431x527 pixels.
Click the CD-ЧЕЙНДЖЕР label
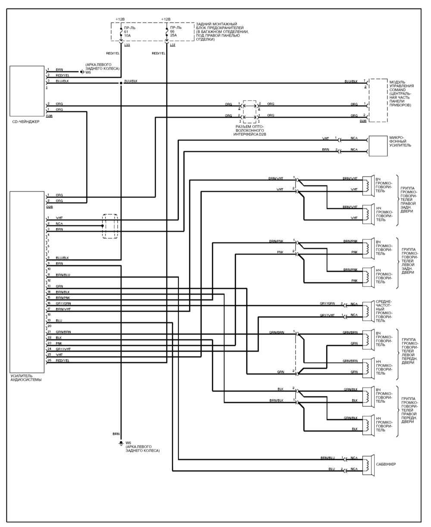click(26, 122)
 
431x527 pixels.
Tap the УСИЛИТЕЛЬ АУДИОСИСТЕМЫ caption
click(26, 378)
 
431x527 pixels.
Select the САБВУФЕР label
click(386, 465)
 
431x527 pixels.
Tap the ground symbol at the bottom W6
click(121, 443)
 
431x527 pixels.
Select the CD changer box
click(27, 91)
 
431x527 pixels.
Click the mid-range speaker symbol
click(369, 310)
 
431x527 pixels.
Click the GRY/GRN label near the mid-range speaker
click(327, 304)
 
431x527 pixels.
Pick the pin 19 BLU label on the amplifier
click(59, 321)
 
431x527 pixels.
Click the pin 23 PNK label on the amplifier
click(59, 343)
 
